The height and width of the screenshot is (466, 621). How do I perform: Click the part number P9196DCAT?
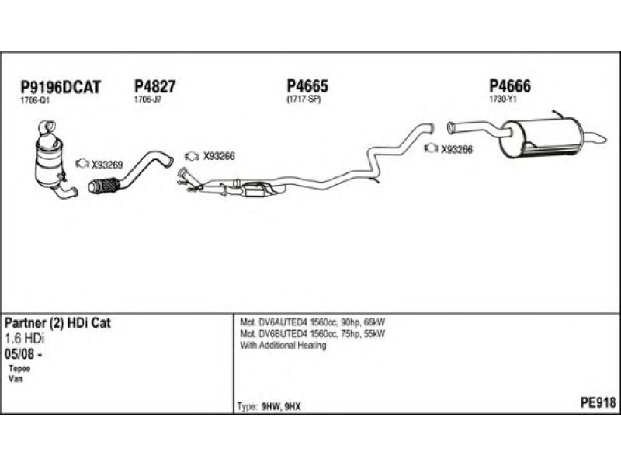click(x=60, y=87)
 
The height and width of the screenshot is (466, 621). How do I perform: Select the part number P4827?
click(x=155, y=87)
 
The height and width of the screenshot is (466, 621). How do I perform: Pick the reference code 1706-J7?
click(x=147, y=99)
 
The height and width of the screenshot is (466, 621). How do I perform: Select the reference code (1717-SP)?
click(x=304, y=99)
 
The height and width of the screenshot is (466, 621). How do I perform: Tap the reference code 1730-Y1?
click(x=503, y=99)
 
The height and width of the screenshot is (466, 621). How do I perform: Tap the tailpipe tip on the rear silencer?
click(x=601, y=139)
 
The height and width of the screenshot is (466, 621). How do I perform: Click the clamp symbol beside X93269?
click(x=82, y=164)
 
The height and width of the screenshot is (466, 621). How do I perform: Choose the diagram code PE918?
click(x=598, y=402)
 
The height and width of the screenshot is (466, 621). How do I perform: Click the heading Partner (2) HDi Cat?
click(x=59, y=323)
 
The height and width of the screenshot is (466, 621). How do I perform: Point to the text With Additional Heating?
click(x=283, y=346)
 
